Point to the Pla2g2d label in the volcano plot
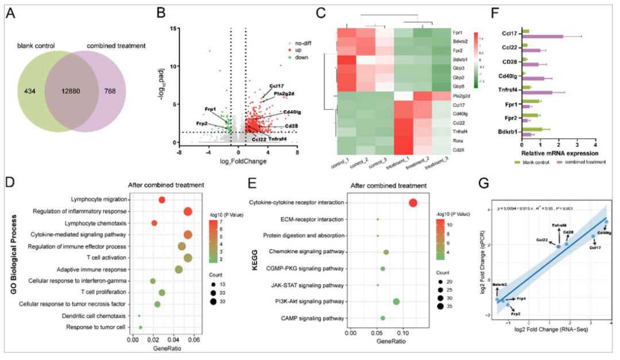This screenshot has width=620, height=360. click(x=285, y=94)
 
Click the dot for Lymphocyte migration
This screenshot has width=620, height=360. click(x=162, y=200)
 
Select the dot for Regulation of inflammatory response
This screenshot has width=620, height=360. click(x=188, y=211)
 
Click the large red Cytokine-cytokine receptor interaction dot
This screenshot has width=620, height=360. click(x=412, y=203)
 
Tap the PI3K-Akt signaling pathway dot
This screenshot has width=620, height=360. click(x=396, y=301)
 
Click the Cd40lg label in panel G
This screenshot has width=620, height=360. click(x=604, y=233)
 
